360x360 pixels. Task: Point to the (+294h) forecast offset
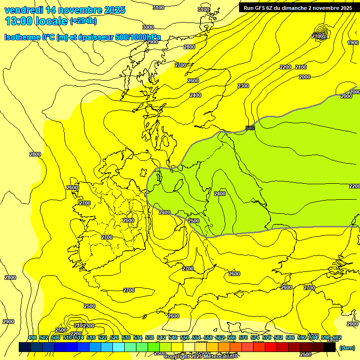click(83, 21)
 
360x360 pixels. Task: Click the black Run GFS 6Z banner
click(296, 8)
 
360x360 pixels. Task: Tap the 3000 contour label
click(148, 27)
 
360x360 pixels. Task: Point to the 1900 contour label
click(353, 43)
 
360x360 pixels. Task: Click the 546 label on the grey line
click(250, 128)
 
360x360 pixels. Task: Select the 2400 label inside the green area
click(219, 194)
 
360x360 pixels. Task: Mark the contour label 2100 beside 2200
click(301, 67)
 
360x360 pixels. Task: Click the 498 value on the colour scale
click(32, 338)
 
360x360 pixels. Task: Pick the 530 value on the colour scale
click(126, 338)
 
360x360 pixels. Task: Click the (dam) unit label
click(347, 348)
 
